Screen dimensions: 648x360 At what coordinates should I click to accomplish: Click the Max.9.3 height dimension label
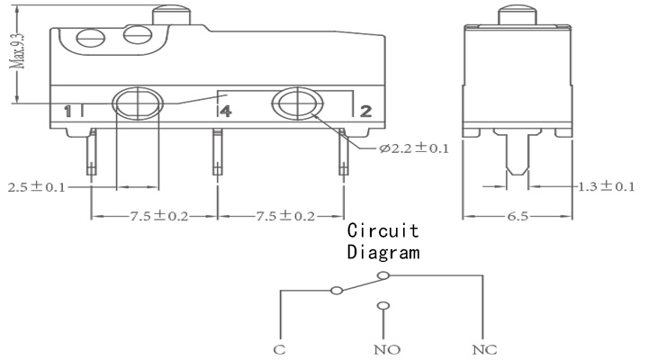[x=19, y=51]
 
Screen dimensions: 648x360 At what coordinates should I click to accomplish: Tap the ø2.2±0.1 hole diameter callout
[x=414, y=148]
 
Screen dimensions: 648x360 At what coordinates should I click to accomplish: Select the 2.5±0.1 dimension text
[x=36, y=187]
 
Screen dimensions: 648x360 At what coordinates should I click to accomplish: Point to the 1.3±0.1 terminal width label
[x=606, y=186]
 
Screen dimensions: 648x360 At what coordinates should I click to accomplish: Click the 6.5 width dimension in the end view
[x=517, y=216]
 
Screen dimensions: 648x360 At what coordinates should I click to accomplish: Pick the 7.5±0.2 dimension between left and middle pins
[x=159, y=215]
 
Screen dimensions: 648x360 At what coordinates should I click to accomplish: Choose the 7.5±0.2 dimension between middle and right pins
[x=285, y=215]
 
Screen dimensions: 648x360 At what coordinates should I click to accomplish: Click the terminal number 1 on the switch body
[x=67, y=112]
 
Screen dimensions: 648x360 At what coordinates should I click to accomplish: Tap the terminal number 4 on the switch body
[x=226, y=111]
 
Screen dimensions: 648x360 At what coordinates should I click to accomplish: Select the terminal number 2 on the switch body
[x=365, y=111]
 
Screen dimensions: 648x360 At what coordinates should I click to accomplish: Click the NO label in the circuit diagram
[x=387, y=350]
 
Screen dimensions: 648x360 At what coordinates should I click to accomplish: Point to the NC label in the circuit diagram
[x=484, y=350]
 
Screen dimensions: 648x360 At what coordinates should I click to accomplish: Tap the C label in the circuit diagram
[x=279, y=350]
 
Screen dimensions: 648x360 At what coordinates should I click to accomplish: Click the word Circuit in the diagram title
[x=382, y=230]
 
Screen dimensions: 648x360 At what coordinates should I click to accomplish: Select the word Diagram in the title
[x=383, y=252]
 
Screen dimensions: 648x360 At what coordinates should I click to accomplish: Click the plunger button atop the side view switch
[x=172, y=15]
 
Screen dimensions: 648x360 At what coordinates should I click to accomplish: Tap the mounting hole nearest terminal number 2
[x=297, y=103]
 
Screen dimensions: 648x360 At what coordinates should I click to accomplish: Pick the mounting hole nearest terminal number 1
[x=138, y=103]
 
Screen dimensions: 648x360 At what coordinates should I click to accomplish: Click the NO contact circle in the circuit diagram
[x=383, y=306]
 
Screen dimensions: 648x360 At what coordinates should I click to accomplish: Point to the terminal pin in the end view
[x=517, y=153]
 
